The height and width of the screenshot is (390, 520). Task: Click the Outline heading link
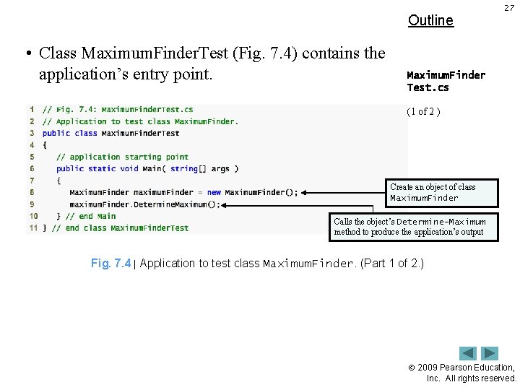430,20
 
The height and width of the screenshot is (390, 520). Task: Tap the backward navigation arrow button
468,353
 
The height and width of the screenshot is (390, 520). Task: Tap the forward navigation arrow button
490,353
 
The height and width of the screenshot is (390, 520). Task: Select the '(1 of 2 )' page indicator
423,111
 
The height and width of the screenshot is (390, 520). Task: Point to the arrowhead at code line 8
305,192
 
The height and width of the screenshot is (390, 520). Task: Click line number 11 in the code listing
32,227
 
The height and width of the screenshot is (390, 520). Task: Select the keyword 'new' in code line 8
214,192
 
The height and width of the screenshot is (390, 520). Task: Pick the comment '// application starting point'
122,157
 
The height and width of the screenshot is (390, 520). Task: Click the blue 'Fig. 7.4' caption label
110,264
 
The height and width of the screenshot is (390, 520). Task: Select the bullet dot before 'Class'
27,53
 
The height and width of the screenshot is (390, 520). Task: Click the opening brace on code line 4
44,145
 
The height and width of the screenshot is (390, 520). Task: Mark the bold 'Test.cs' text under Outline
428,87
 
